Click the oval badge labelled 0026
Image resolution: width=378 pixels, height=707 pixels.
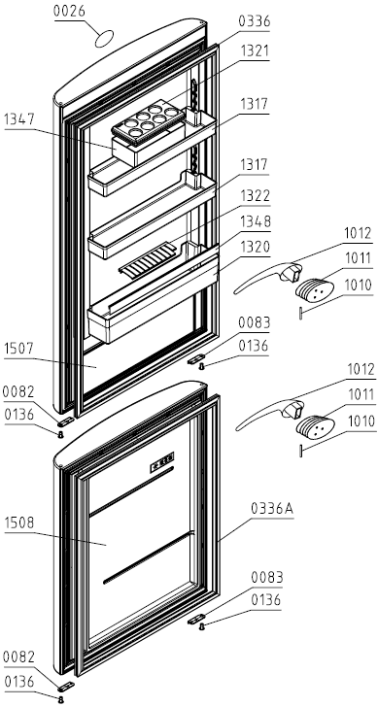104,39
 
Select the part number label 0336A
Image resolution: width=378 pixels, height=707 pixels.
272,509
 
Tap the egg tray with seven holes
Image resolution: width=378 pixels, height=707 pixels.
148,120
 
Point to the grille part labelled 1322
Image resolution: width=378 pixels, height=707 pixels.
146,259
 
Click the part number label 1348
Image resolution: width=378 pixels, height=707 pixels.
255,221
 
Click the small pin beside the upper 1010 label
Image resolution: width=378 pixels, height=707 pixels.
300,314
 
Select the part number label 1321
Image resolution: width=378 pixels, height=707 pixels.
255,50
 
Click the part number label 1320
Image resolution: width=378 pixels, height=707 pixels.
255,248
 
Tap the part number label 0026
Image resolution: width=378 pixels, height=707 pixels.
69,12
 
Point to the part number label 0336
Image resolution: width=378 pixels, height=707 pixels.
255,21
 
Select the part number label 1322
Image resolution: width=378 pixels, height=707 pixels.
255,196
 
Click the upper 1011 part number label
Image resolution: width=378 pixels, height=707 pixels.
359,258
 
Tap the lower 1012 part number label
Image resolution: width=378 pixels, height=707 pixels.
360,370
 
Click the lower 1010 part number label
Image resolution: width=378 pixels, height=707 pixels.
360,421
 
